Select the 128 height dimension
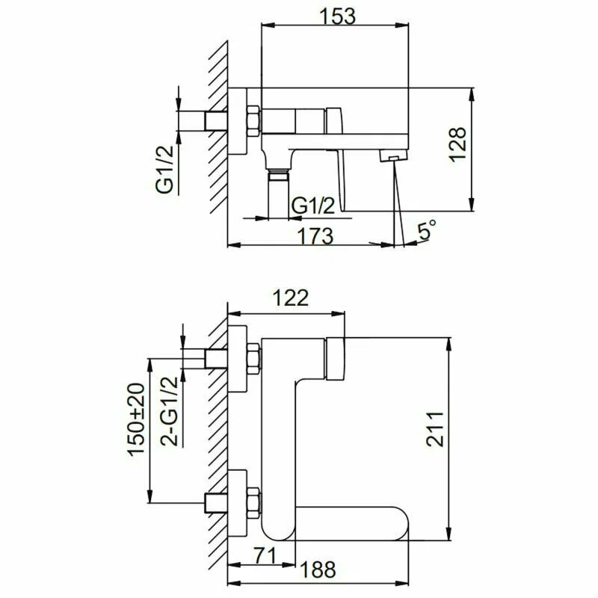[458, 144]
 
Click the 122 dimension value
[290, 298]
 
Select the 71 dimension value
[262, 555]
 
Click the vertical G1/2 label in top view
[165, 169]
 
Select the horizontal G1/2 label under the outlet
[312, 206]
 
